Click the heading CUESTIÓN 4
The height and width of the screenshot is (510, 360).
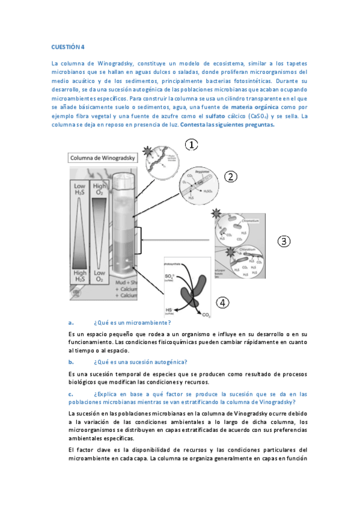tap(68, 47)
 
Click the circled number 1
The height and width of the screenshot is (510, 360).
tap(191, 146)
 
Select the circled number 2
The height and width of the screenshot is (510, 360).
tap(232, 176)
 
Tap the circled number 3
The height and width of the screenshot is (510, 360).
tap(284, 241)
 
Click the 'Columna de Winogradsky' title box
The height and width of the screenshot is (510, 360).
tap(102, 158)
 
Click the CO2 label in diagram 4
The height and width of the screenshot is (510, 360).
tap(206, 315)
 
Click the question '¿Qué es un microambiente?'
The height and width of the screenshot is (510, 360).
tap(128, 323)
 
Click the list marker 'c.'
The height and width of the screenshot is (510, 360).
tap(71, 394)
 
